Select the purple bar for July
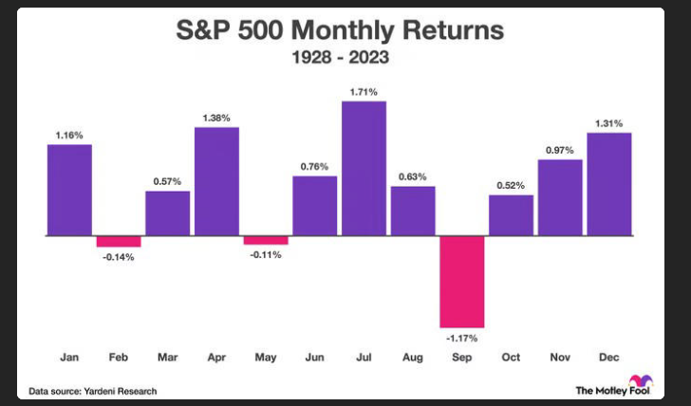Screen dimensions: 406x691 click(x=364, y=168)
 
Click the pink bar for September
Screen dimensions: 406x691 click(x=462, y=281)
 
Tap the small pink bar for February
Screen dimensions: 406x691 click(x=119, y=241)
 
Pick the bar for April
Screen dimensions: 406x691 click(x=216, y=180)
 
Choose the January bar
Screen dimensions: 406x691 click(x=69, y=189)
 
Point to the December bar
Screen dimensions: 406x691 click(x=609, y=183)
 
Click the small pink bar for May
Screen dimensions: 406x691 click(x=266, y=240)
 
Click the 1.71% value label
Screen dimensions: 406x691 click(x=364, y=92)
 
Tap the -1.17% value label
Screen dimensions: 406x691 click(x=462, y=336)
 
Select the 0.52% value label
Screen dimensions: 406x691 click(x=511, y=185)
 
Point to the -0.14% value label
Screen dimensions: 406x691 click(x=119, y=257)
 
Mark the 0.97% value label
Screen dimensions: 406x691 click(x=560, y=150)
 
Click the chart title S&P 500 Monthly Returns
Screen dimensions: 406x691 click(x=339, y=31)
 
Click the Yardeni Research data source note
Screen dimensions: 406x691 click(x=92, y=391)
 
